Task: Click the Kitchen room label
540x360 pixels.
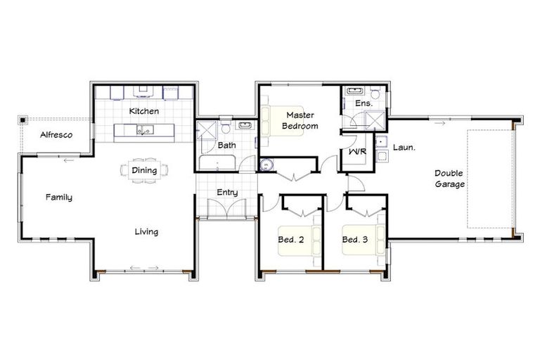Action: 144,111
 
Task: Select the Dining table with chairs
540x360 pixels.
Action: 144,170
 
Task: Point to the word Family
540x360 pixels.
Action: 59,198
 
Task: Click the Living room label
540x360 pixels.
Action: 146,231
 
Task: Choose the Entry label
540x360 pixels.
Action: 227,193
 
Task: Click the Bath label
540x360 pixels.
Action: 226,146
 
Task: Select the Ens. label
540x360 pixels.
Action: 363,103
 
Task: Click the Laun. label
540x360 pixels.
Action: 403,148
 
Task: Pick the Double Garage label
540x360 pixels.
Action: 449,179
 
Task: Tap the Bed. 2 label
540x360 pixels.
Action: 290,239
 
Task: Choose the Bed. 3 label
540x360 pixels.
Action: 355,239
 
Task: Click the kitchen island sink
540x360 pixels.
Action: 145,129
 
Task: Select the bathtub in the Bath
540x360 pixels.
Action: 217,163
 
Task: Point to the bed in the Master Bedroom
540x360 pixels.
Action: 271,120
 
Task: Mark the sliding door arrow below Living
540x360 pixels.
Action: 144,267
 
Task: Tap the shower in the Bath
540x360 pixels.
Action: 207,131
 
